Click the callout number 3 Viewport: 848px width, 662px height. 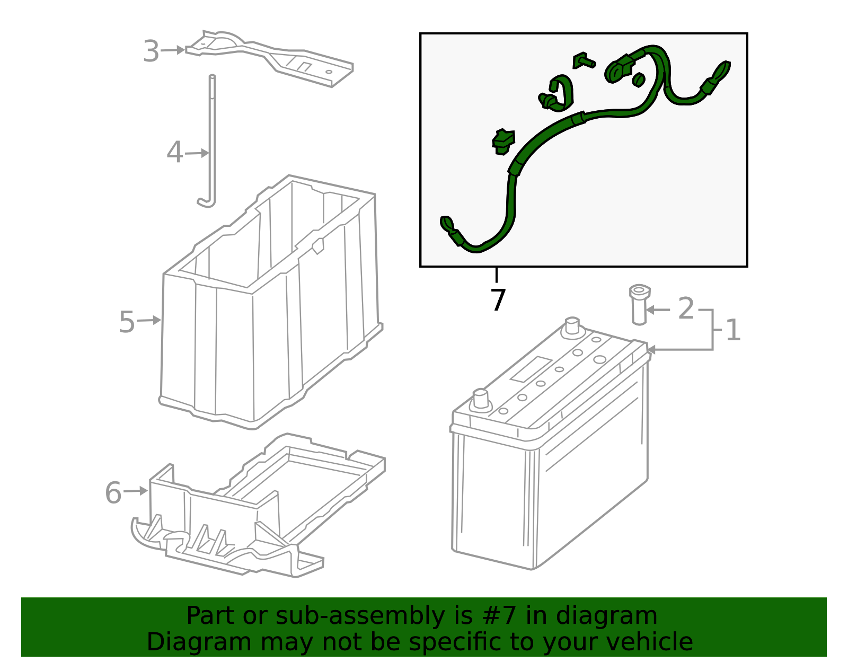click(151, 51)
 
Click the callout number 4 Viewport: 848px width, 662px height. click(174, 153)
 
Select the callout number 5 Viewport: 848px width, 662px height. click(127, 322)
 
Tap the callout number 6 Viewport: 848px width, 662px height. click(113, 493)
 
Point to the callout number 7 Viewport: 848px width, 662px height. click(498, 299)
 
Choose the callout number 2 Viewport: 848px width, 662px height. click(686, 308)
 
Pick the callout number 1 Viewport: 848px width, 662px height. click(733, 330)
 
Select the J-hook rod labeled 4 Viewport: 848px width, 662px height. click(209, 140)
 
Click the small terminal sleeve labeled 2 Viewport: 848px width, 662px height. click(639, 304)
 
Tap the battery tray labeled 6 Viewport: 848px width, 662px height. click(258, 505)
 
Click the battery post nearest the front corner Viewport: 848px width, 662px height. click(480, 400)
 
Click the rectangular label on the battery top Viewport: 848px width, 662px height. click(532, 369)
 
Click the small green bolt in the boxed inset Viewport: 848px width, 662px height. click(584, 60)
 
